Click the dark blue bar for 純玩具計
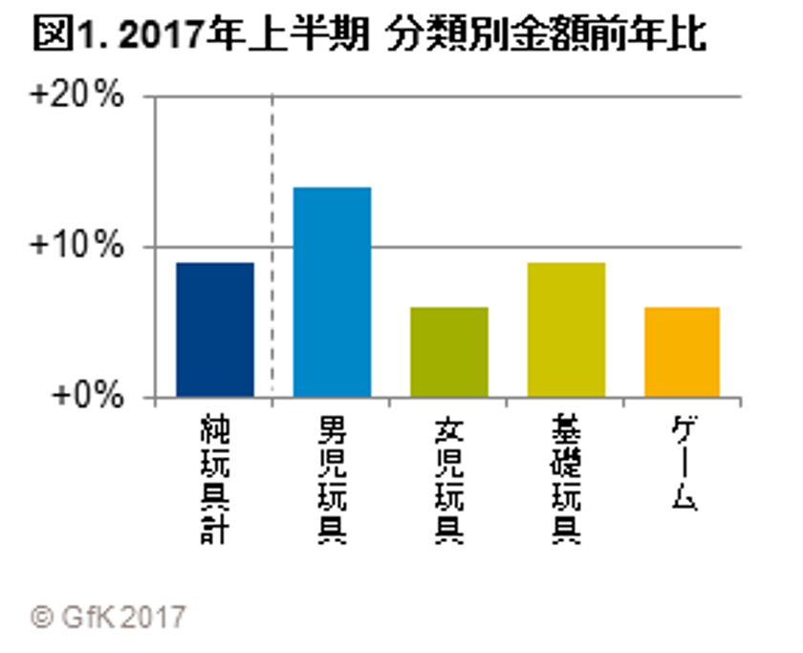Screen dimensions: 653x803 [215, 330]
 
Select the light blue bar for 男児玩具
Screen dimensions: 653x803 [332, 292]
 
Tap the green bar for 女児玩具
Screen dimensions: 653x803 [448, 352]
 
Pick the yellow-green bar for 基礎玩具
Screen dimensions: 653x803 [566, 330]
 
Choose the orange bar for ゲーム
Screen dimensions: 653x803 [682, 352]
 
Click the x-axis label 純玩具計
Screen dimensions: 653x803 [215, 478]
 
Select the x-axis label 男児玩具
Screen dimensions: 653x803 [332, 478]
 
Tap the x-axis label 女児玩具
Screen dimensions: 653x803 [448, 478]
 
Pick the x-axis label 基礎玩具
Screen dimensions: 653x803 [566, 478]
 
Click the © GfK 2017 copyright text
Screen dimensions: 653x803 [108, 616]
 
